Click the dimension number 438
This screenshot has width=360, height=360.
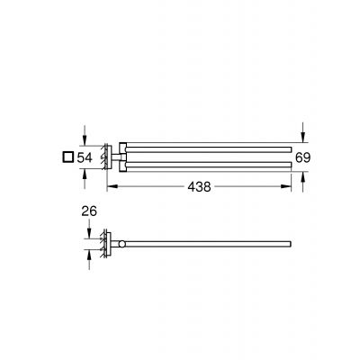coord(200,188)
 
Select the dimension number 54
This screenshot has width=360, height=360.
coord(85,157)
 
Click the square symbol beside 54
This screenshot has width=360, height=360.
coord(66,157)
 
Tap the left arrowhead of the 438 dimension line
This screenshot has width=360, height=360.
coord(111,187)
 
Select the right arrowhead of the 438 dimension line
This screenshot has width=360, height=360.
coord(290,187)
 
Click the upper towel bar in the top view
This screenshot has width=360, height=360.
coord(207,144)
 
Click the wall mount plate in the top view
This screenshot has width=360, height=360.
coord(108,156)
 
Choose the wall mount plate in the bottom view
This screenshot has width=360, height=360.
coord(108,243)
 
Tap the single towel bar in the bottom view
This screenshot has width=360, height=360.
coord(207,244)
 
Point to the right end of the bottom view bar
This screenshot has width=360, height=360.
coord(289,244)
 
